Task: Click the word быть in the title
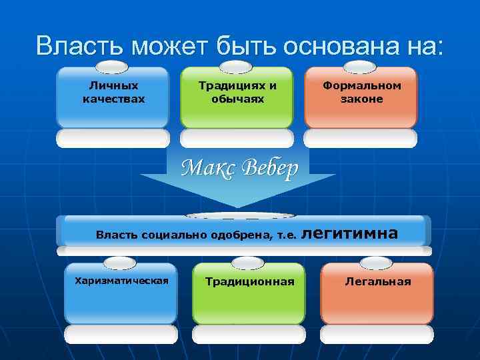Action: (245, 47)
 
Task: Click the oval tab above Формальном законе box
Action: (361, 66)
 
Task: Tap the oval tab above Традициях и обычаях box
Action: (237, 66)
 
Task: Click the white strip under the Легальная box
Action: (377, 333)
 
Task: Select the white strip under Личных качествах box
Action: (113, 138)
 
